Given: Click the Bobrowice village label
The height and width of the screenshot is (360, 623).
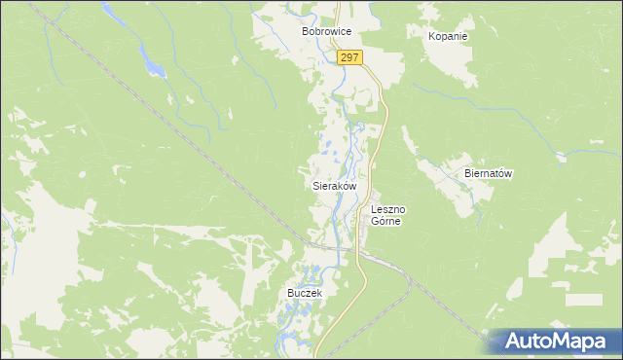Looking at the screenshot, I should point(325,32).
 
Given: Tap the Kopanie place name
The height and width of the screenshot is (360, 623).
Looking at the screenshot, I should point(448,36).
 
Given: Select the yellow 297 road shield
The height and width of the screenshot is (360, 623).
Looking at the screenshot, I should point(351,59).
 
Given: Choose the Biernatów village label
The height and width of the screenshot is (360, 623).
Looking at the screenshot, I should point(488,173).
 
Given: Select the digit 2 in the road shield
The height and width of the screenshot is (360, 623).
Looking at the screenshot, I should point(345,59).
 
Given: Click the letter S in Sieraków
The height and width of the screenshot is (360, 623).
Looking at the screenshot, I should point(314,185).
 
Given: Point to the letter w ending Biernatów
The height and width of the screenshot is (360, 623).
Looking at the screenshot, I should point(508,173).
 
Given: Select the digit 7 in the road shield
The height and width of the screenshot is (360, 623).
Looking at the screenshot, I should point(357,59).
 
